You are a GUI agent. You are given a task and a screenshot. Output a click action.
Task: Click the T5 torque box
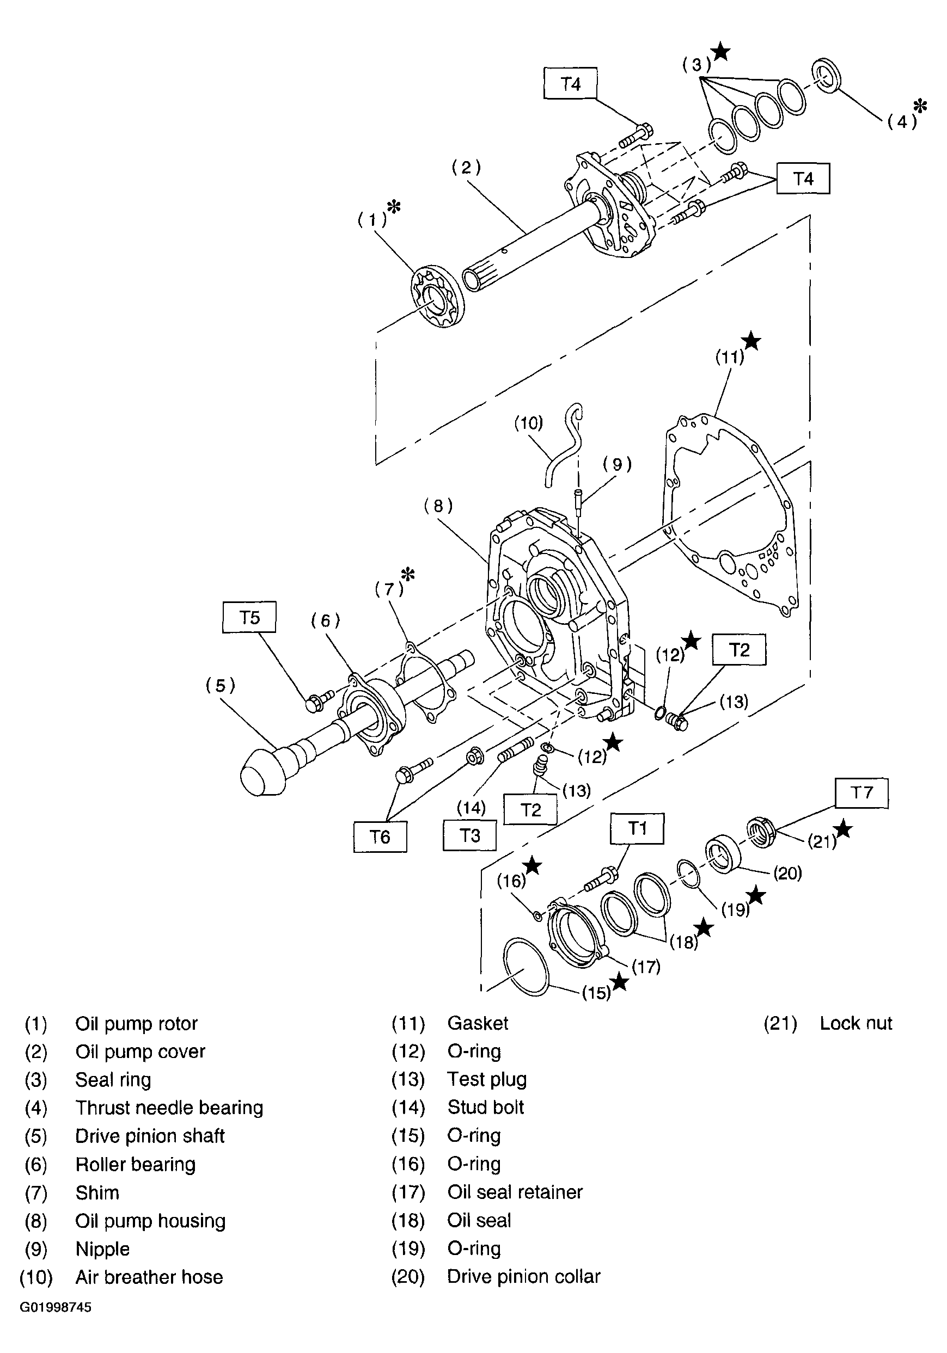(x=249, y=617)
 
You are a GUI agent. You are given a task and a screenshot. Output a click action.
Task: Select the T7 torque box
(x=862, y=792)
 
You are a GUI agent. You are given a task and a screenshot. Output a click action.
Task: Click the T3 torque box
(x=469, y=835)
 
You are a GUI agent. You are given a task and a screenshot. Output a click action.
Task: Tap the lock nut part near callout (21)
(x=761, y=833)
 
